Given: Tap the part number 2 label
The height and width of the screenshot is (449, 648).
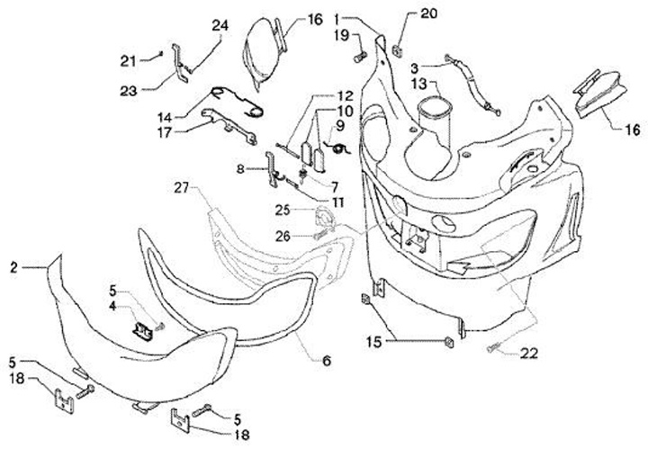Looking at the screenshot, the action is pyautogui.click(x=13, y=266).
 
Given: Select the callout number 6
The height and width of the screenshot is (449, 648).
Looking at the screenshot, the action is pyautogui.click(x=326, y=361).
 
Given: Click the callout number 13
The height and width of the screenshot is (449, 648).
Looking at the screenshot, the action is pyautogui.click(x=395, y=85).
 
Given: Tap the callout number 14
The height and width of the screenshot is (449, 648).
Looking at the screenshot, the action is pyautogui.click(x=165, y=117).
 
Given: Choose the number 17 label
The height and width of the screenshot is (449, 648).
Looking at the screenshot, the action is pyautogui.click(x=164, y=131).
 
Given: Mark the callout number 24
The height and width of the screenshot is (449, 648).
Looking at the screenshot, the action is pyautogui.click(x=220, y=25).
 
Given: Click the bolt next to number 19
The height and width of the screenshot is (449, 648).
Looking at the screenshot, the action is pyautogui.click(x=359, y=58).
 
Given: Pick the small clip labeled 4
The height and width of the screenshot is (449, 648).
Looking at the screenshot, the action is pyautogui.click(x=142, y=328).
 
